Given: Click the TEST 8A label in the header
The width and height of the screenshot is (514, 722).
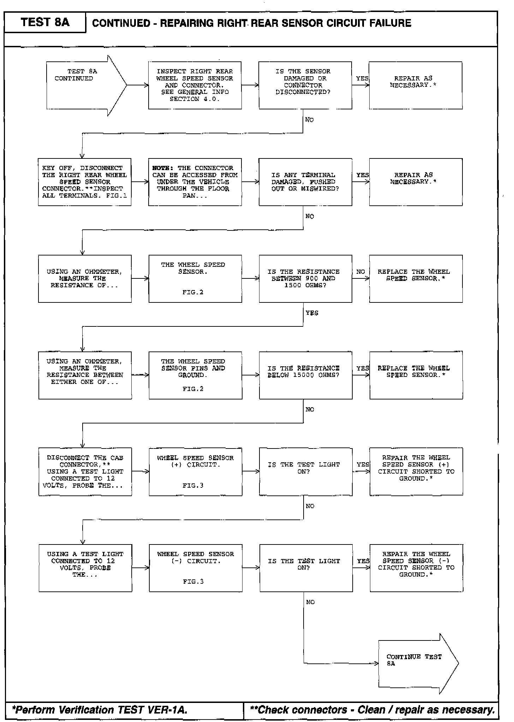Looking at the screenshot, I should [x=45, y=22].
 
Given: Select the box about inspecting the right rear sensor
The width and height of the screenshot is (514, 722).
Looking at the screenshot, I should [x=195, y=85].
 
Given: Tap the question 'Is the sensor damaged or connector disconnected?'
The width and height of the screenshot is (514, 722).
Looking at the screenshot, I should [x=305, y=85].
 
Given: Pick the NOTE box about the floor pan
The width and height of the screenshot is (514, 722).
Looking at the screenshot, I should [x=195, y=182].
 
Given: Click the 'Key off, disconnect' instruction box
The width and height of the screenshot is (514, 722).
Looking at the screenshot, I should [x=85, y=182].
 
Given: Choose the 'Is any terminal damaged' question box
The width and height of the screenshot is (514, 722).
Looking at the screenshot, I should [x=305, y=182].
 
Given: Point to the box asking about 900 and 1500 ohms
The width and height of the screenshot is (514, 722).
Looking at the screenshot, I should [x=305, y=279].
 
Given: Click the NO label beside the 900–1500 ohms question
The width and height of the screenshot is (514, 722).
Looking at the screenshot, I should [x=360, y=272].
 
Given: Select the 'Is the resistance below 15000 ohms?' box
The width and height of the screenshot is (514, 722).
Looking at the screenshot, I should [x=305, y=375].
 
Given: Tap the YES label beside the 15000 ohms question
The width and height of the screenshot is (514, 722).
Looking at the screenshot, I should [x=363, y=368].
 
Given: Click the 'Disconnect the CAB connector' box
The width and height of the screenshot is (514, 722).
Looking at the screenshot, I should [x=85, y=472].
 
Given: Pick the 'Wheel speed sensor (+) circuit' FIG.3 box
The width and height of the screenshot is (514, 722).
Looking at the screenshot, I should [x=195, y=472].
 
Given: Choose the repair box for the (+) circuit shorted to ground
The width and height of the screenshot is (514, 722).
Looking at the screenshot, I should [x=416, y=472].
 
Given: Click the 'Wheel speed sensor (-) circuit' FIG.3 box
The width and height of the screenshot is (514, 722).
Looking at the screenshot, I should [x=196, y=568].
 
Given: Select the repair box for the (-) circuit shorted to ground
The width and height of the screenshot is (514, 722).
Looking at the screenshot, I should [x=416, y=568].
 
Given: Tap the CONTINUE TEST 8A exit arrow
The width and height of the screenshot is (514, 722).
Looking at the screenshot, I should [x=417, y=663].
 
